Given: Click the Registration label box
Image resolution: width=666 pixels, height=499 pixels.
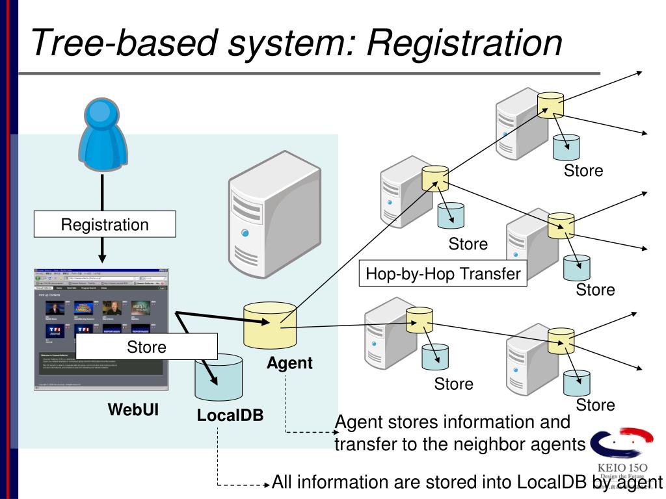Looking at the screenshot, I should [x=105, y=225].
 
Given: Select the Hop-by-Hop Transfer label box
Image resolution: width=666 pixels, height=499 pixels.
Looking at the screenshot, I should [x=443, y=274].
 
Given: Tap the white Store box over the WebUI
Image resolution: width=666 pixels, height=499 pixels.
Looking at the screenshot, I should [x=146, y=346].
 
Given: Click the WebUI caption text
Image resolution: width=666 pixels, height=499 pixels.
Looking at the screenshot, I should [x=133, y=410].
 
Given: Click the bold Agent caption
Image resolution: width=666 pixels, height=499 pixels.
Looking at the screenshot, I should [x=289, y=363].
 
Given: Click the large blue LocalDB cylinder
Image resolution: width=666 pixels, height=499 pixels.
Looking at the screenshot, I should [x=219, y=377].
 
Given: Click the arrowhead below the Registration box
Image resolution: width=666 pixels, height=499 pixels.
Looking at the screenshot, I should [x=102, y=258].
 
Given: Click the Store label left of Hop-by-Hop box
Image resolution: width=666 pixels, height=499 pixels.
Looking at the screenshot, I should [x=468, y=244].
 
